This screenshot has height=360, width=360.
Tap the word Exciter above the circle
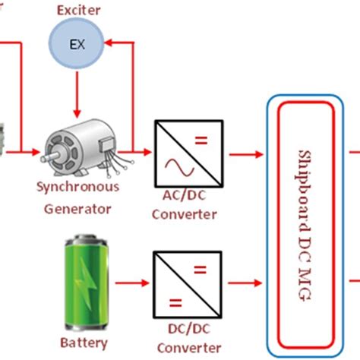(77, 10)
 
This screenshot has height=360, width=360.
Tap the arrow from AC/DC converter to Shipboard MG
(242, 153)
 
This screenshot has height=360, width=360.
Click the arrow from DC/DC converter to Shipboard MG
(242, 286)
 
